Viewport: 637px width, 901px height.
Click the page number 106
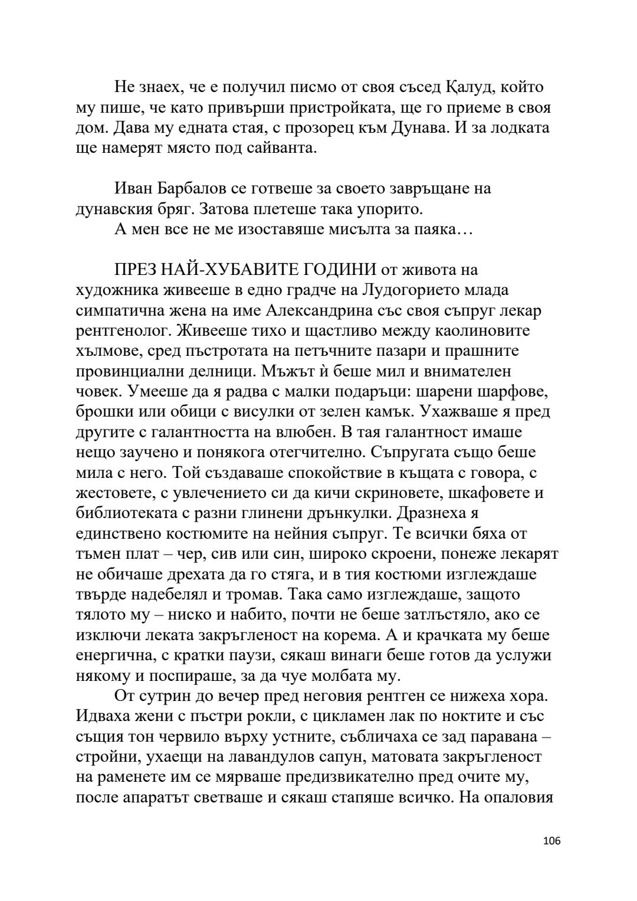551,857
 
